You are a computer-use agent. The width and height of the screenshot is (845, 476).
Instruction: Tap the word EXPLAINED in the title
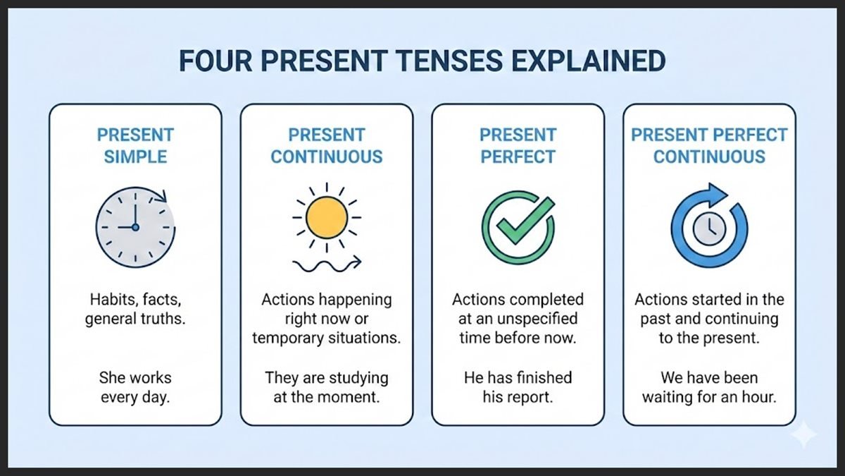coord(586,61)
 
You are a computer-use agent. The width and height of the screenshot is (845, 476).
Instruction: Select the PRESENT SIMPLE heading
coord(135,145)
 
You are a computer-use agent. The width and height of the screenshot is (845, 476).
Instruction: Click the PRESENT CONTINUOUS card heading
coord(327,145)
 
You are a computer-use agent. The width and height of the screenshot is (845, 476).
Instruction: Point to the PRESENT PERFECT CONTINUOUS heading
coord(709,145)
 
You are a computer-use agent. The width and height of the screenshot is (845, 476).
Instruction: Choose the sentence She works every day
coord(135,387)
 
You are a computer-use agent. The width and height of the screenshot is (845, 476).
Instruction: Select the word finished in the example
coord(544,378)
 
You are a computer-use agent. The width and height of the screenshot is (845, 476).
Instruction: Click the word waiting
coord(668,397)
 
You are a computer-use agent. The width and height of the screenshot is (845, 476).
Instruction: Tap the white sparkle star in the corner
coord(803,437)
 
